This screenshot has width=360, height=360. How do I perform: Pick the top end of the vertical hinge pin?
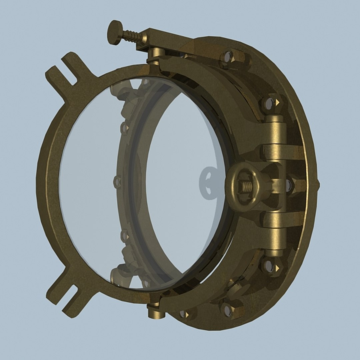(x=274, y=119)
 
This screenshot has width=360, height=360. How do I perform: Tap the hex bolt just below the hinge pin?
(x=269, y=266)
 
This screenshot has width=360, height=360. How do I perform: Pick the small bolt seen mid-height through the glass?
(x=117, y=182)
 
